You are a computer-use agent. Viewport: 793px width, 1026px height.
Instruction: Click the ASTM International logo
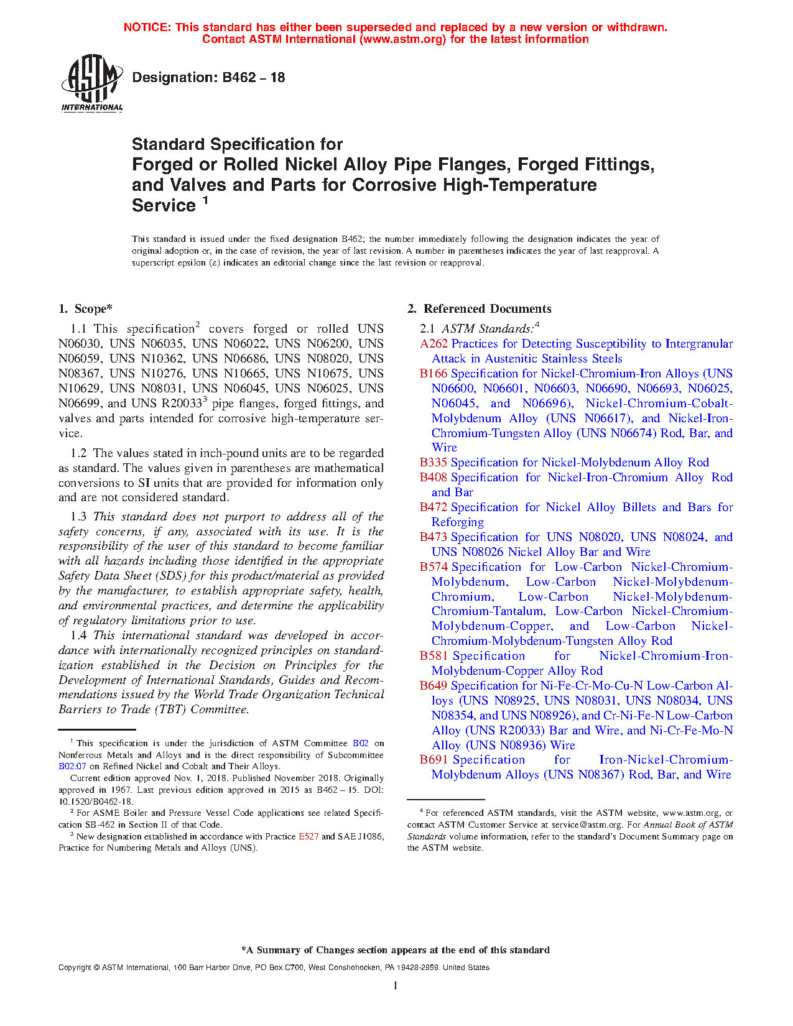[92, 83]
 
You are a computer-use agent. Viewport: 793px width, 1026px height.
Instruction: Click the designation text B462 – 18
[208, 78]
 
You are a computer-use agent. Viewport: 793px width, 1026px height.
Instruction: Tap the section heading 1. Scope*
[85, 309]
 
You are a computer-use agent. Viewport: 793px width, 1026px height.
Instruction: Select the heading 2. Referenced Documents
[479, 309]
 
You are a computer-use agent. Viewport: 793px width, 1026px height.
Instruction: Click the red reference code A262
[434, 344]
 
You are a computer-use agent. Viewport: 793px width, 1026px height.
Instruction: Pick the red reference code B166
[434, 374]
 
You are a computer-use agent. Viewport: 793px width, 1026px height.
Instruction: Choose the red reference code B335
[434, 463]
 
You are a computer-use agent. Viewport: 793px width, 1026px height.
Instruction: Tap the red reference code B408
[434, 478]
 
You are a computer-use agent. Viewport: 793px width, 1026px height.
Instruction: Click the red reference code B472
[434, 507]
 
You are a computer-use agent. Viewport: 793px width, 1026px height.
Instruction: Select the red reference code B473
[434, 537]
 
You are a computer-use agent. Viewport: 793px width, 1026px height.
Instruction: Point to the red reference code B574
[434, 567]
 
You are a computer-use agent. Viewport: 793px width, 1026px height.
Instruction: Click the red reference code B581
[434, 656]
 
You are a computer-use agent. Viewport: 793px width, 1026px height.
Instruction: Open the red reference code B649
[434, 686]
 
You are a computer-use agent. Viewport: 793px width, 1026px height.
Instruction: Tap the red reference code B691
[434, 760]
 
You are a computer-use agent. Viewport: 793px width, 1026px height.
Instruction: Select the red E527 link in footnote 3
[308, 837]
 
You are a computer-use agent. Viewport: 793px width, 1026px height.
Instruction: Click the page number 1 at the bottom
[396, 986]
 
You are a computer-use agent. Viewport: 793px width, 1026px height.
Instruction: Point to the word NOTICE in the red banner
[147, 27]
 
